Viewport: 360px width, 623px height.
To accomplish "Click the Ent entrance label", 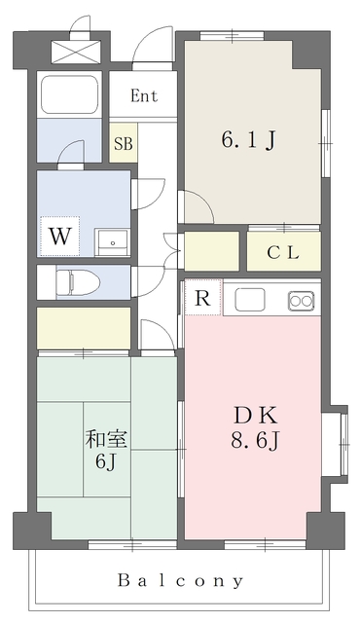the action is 144,95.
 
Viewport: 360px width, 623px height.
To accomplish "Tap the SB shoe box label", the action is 124,143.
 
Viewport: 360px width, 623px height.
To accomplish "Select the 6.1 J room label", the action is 248,140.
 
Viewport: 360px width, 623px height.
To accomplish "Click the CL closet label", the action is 283,253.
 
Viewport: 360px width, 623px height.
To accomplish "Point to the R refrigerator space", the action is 202,298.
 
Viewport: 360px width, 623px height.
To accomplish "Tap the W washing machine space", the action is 60,237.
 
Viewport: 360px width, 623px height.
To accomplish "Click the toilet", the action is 78,282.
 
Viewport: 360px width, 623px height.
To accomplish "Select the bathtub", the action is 69,94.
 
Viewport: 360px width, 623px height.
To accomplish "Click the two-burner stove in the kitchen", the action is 302,301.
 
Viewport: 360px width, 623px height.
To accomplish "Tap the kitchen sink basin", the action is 250,300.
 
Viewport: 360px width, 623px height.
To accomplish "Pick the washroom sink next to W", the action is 113,242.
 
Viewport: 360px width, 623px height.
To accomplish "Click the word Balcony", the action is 181,581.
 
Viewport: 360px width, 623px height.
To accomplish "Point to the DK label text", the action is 255,417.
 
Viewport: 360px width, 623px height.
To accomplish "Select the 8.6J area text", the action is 256,441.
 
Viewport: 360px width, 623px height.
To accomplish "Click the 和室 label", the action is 106,439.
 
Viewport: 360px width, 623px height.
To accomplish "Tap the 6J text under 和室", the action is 105,461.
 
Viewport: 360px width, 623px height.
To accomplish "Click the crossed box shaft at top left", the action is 76,52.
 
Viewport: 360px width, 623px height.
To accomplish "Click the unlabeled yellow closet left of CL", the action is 211,251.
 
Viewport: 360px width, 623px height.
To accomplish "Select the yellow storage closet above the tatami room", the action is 84,328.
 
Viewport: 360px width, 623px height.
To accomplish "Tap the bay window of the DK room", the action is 343,444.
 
